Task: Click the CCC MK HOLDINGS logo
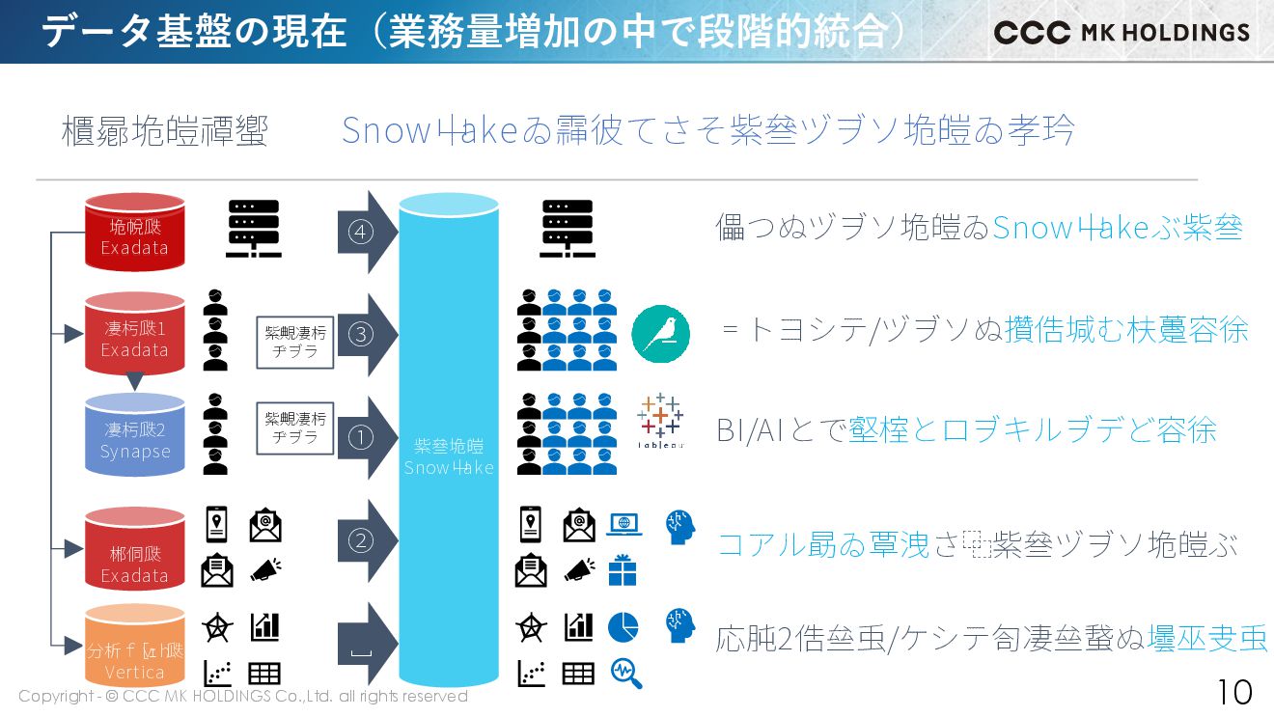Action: tap(1122, 32)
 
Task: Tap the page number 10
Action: tap(1233, 692)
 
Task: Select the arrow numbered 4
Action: tap(367, 233)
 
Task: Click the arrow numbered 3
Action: tap(367, 335)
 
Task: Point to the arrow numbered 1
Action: tap(367, 438)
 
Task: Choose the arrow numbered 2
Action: tap(367, 540)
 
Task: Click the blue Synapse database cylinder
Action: tap(135, 435)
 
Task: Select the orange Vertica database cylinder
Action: tap(135, 645)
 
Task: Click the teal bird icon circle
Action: tap(660, 334)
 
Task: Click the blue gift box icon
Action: tap(623, 570)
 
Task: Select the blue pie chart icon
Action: tap(623, 627)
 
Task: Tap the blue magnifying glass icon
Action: tap(626, 673)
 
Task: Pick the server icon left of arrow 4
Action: tap(253, 230)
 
